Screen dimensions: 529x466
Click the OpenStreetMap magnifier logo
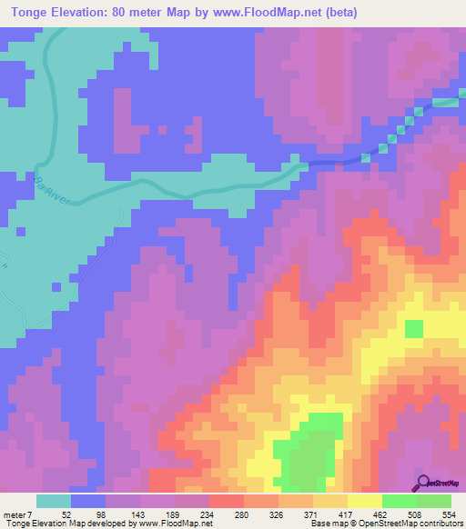[424, 482]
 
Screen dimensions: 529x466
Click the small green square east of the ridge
[413, 328]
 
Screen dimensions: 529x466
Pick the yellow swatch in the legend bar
[365, 501]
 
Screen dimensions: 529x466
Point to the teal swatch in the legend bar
[54, 501]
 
